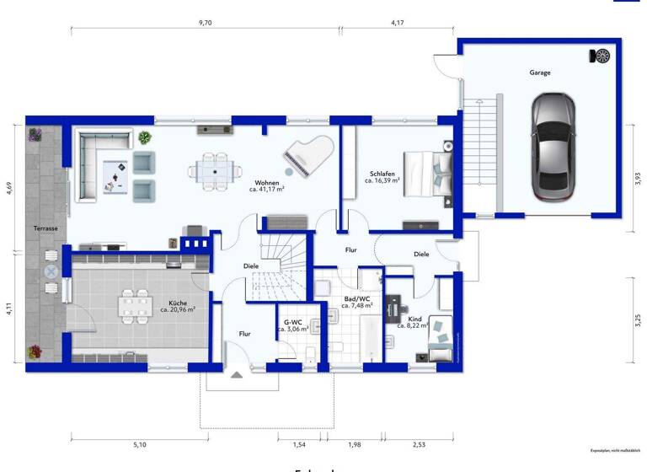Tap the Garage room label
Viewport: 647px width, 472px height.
(540, 72)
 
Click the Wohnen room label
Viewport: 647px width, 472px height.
(267, 182)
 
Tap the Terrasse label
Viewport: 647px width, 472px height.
(45, 228)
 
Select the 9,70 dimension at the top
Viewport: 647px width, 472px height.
(205, 24)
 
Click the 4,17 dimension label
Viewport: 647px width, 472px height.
(398, 24)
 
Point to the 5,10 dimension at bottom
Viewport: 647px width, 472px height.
(140, 444)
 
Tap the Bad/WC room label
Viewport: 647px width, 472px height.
(357, 298)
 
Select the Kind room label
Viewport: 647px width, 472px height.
(414, 319)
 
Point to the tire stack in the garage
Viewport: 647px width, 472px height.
(602, 56)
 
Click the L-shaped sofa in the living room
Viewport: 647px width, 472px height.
(94, 164)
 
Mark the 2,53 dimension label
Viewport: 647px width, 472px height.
(420, 444)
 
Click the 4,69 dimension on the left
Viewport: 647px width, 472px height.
(9, 187)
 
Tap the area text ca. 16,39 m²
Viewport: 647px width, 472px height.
(382, 181)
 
